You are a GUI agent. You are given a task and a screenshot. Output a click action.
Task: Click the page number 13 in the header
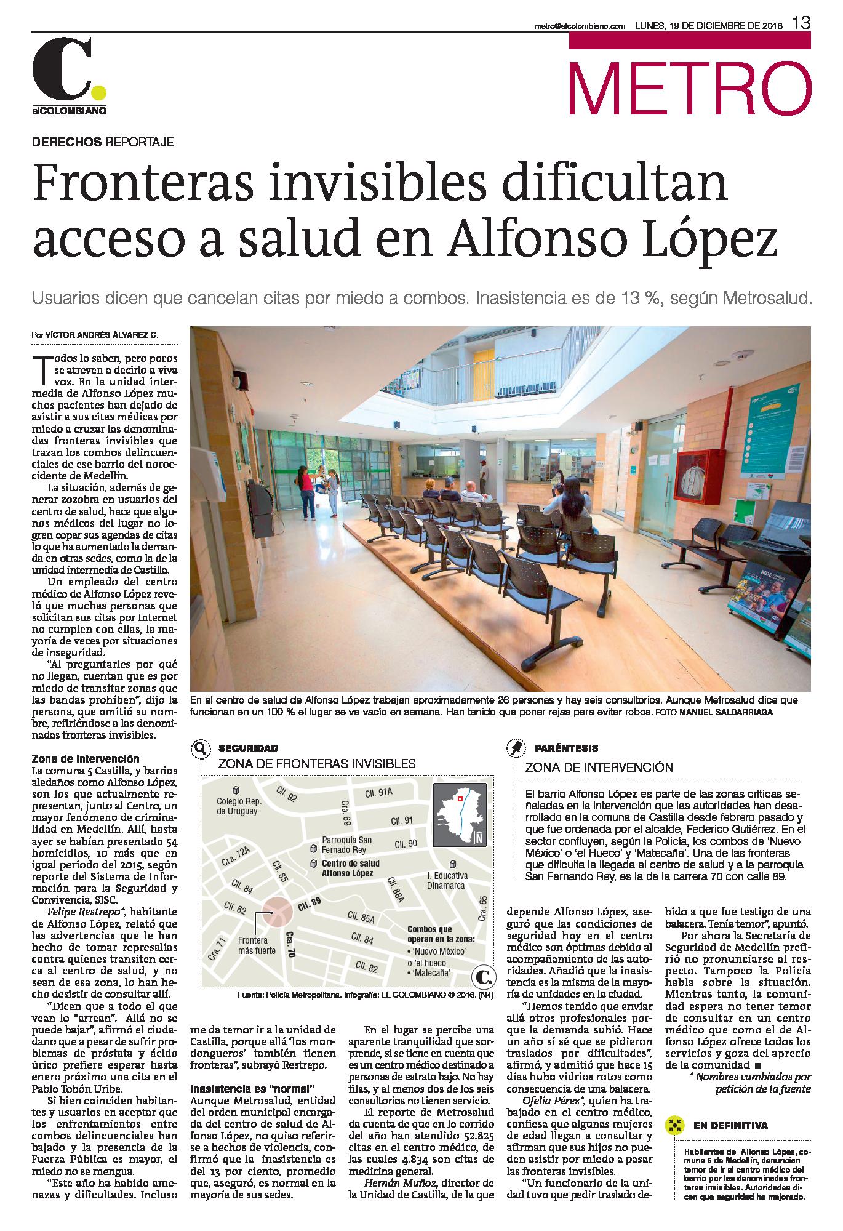(801, 24)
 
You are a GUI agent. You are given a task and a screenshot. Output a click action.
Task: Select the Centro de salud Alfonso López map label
(351, 868)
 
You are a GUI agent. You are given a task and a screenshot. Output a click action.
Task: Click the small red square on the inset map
(459, 797)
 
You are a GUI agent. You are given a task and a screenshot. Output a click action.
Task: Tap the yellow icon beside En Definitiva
(676, 1126)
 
